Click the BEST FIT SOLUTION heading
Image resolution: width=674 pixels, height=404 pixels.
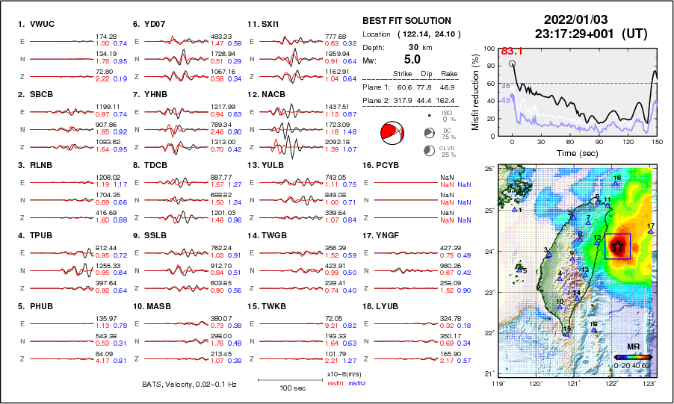tap(406, 21)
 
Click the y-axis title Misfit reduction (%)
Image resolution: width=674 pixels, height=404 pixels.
tap(475, 92)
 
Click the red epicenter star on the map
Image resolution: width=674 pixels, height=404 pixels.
tap(618, 245)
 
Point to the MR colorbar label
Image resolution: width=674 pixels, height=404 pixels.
tap(632, 348)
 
